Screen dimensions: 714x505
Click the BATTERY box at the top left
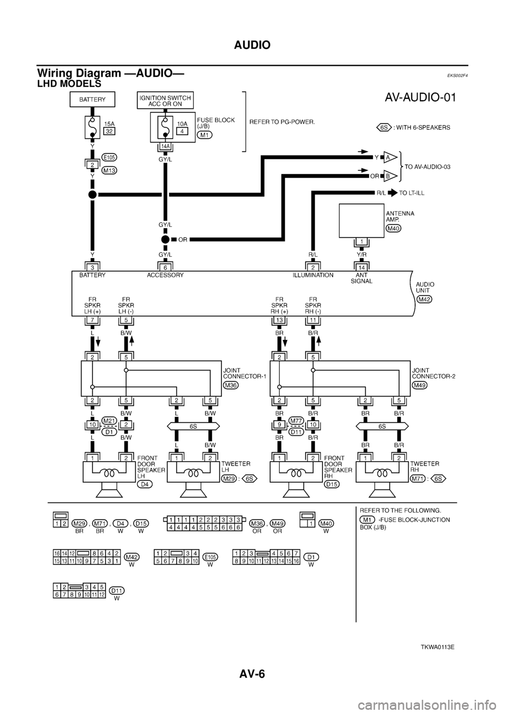click(92, 99)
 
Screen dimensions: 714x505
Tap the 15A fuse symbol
click(92, 128)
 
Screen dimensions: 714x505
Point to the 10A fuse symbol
click(165, 128)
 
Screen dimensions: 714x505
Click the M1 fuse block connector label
click(205, 135)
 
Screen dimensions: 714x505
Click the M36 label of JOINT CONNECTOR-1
click(230, 385)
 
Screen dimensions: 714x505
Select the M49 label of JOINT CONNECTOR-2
click(420, 385)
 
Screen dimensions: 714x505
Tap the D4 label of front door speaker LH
click(143, 485)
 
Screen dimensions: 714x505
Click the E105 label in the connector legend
click(210, 556)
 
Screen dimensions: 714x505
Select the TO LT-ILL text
click(412, 193)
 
